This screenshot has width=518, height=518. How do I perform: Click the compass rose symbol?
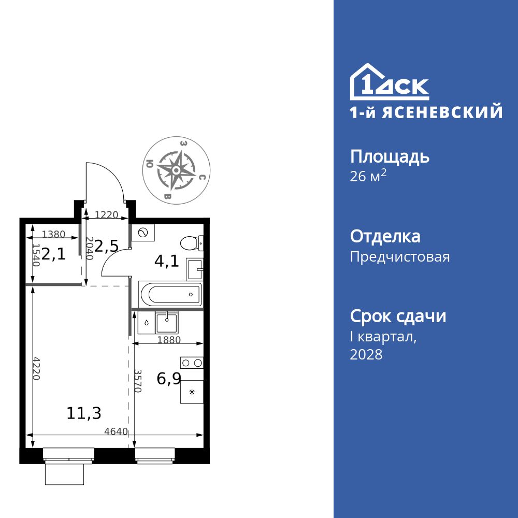tap(176, 169)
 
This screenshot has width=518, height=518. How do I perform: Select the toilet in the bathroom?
tap(191, 242)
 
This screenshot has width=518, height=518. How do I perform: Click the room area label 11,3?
tap(84, 413)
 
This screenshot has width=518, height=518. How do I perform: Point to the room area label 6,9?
tap(169, 379)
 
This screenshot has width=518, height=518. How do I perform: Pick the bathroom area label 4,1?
tap(167, 261)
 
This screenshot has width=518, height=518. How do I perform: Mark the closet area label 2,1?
tap(54, 254)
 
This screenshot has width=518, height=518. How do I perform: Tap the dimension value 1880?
tap(168, 340)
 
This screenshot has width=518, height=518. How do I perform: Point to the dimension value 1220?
tap(107, 214)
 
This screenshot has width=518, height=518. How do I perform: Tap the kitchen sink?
tap(167, 322)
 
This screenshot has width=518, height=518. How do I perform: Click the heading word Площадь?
tap(390, 156)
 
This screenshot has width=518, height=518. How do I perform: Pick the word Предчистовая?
tap(400, 257)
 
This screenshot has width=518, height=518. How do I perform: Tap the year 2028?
tap(366, 354)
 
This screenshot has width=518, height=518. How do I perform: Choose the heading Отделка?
tap(385, 236)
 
